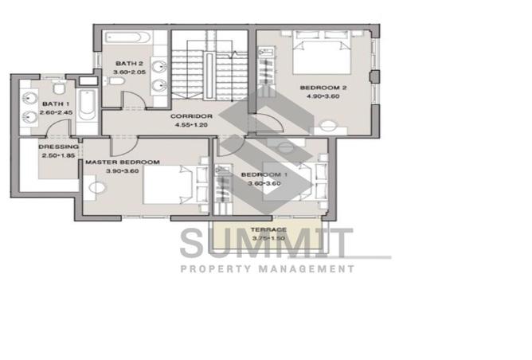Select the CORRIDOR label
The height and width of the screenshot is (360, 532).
(190, 116)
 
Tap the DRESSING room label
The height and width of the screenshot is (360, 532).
(60, 147)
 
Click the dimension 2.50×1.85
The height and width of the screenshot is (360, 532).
(59, 156)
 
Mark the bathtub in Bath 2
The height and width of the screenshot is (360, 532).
(129, 37)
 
